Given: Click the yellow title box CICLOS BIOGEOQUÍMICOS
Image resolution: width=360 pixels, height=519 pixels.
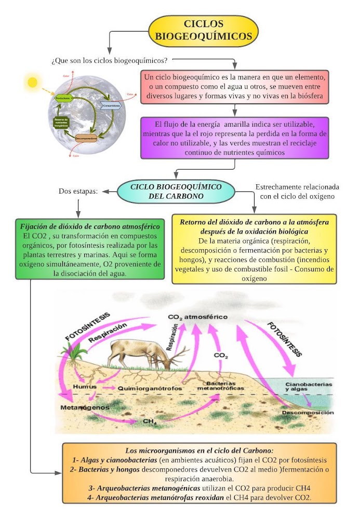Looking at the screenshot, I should click(x=204, y=30).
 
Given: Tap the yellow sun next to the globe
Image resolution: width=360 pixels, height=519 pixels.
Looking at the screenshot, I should click(x=33, y=82).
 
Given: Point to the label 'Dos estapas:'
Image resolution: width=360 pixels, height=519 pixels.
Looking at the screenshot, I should click(x=78, y=192).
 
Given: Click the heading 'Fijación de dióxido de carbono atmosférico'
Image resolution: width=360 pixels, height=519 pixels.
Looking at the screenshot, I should click(x=90, y=227).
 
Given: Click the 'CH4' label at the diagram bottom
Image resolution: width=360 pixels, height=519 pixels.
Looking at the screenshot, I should click(x=150, y=421).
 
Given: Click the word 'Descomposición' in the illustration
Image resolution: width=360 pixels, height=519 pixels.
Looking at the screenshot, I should click(x=308, y=412).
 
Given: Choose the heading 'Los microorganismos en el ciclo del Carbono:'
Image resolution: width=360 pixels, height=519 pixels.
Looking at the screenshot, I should click(x=199, y=450).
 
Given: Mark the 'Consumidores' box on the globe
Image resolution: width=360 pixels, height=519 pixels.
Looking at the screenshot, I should click(x=111, y=106).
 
